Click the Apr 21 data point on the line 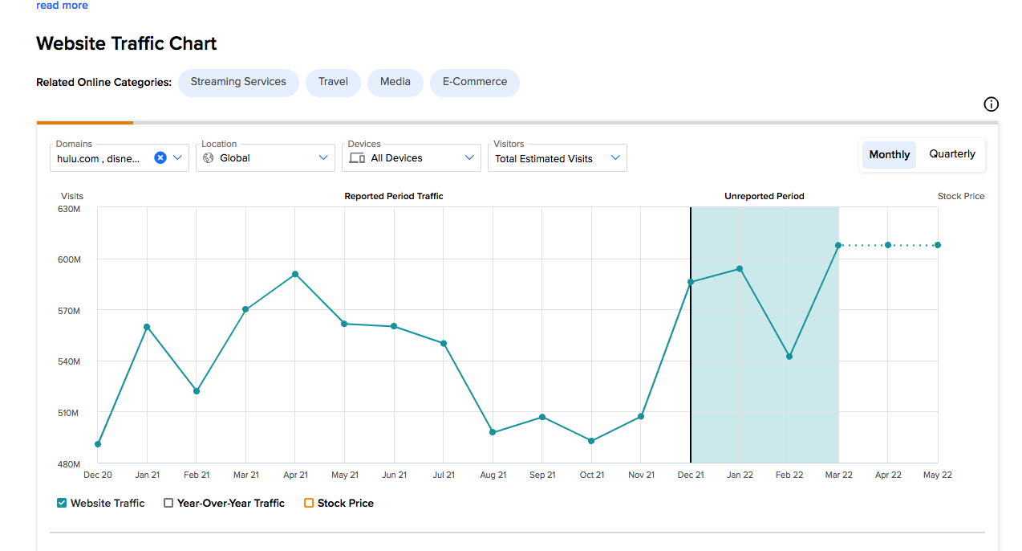point(295,274)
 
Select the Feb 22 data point point(789,357)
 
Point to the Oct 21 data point point(591,441)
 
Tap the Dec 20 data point point(98,444)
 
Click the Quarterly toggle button point(952,154)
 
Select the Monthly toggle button point(889,154)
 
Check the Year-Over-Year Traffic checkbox point(168,503)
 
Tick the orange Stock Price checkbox point(309,503)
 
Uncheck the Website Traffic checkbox point(62,503)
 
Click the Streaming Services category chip point(238,82)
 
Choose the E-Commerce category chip point(475,82)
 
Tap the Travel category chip point(333,82)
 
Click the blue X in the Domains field point(160,157)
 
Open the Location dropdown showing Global point(266,157)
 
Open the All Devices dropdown point(412,157)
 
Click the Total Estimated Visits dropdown point(558,157)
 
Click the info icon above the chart point(991,104)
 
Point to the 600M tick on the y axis point(69,259)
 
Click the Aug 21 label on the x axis point(493,475)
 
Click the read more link point(62,5)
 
